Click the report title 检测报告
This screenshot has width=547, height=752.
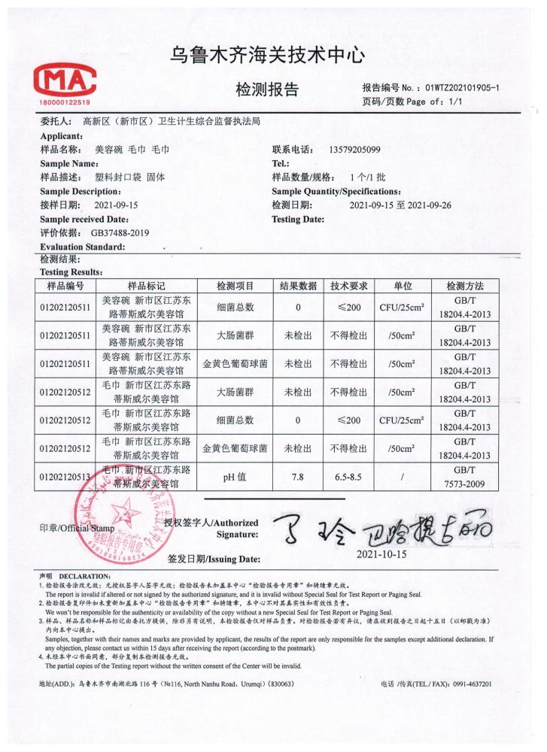(267, 90)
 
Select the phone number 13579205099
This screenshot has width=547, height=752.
(355, 150)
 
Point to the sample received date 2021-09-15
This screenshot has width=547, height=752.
(117, 205)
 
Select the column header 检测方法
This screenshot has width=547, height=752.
(476, 287)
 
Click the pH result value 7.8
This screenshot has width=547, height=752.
(298, 476)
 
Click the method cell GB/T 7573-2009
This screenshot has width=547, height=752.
(476, 476)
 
